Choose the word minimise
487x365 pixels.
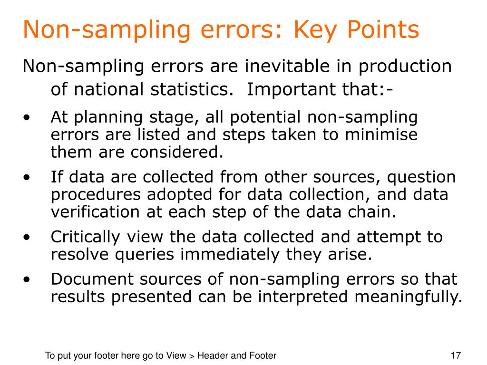click(x=382, y=135)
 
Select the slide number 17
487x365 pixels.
click(x=456, y=355)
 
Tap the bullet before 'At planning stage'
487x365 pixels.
click(x=29, y=117)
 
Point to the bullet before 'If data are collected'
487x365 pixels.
click(x=29, y=177)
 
